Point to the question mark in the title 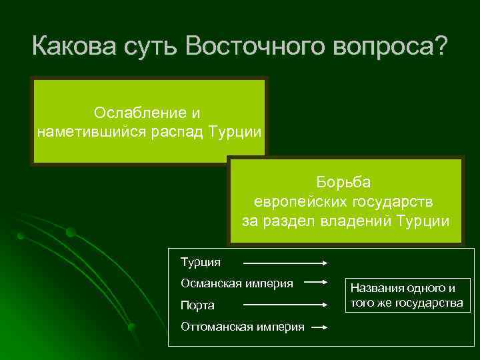441,47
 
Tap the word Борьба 344,181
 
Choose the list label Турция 200,262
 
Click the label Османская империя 237,283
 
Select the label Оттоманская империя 242,327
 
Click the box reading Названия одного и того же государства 406,295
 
